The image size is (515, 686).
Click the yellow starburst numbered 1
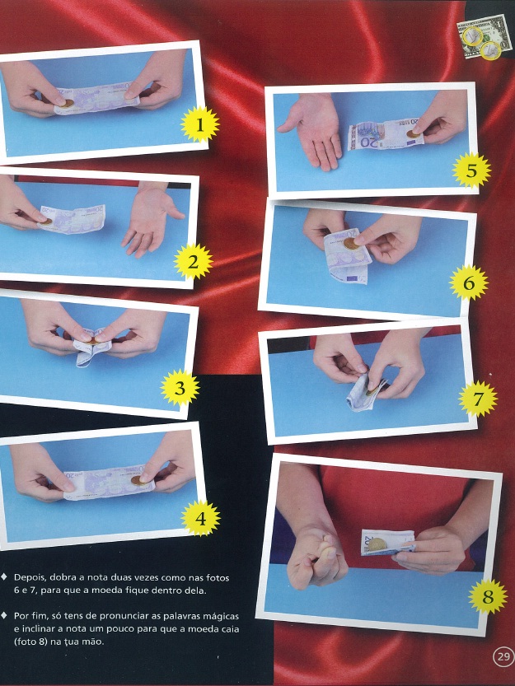199,124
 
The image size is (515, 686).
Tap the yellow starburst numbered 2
193,262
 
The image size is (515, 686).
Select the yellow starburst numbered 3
180,388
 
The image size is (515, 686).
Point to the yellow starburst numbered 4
200,518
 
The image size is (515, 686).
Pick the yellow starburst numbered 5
471,170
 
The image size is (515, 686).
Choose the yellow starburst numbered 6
469,283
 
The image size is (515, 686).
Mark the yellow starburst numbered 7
478,399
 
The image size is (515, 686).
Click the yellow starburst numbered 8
488,596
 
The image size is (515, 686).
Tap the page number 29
503,656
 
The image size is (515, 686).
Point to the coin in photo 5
414,134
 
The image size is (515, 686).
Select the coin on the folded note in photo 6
351,244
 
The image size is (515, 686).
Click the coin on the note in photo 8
377,544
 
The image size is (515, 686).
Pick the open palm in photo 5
314,130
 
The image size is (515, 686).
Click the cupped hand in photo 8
317,558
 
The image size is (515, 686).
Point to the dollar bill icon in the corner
485,36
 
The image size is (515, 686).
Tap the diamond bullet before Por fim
4,615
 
